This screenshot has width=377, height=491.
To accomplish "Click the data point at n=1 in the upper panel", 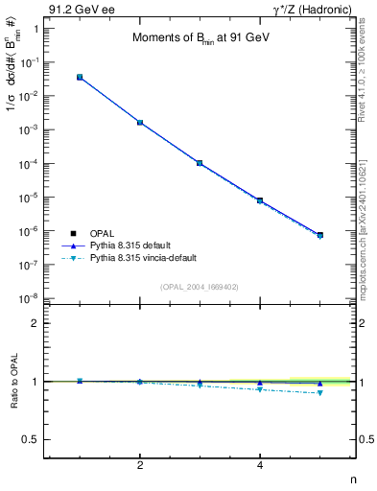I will pyautogui.click(x=80, y=77).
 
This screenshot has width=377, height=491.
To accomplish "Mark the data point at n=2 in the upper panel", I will pyautogui.click(x=140, y=123).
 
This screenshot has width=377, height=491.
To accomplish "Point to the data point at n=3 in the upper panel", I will pyautogui.click(x=200, y=163).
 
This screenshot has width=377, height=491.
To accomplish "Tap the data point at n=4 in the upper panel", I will pyautogui.click(x=260, y=200).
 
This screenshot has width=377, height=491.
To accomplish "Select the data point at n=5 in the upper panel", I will pyautogui.click(x=319, y=234).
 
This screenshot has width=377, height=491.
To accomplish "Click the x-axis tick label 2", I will pyautogui.click(x=140, y=465).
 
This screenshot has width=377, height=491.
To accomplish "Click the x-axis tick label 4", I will pyautogui.click(x=260, y=465).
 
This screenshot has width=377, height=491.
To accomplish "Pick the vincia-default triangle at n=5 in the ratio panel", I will pyautogui.click(x=319, y=392).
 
